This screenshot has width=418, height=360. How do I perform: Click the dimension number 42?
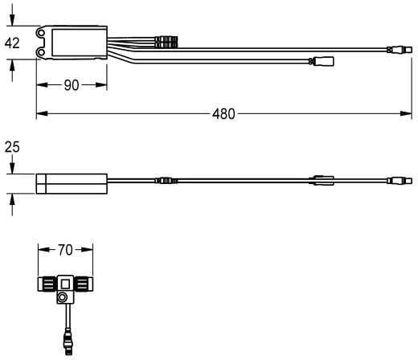12,43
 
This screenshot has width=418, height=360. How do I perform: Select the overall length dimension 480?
224,113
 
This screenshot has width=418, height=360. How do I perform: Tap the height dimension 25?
12,148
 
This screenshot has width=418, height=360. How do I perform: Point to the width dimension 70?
66,250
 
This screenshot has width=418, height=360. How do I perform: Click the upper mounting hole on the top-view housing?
43,33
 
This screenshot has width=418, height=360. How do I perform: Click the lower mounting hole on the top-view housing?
43,53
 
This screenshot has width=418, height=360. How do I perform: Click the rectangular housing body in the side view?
72,183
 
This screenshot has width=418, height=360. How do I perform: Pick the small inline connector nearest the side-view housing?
163,182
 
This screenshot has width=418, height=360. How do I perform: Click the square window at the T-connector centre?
65,284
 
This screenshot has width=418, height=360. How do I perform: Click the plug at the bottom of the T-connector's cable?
65,347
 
